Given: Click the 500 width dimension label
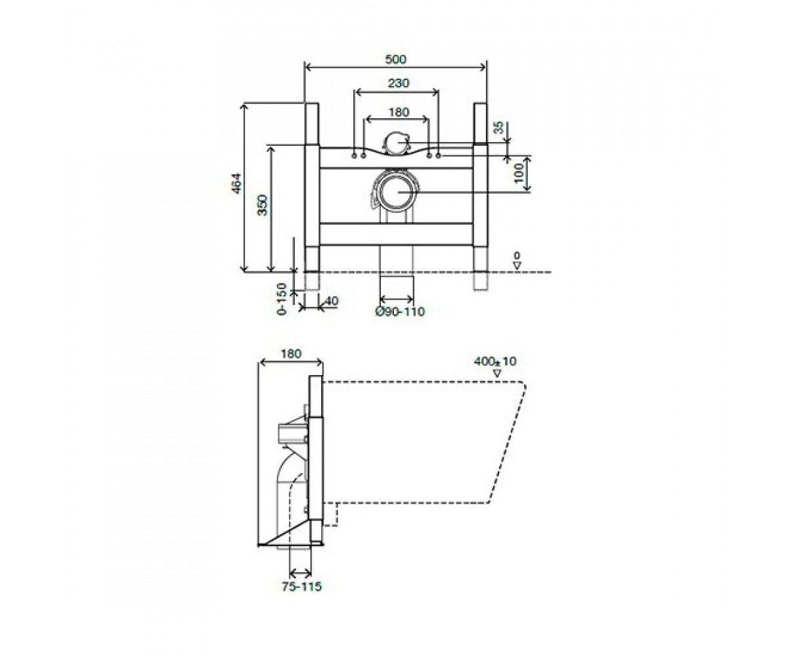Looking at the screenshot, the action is coord(395,59).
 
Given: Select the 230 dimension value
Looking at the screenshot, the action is coord(399,83).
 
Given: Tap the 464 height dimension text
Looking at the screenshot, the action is coord(236,183).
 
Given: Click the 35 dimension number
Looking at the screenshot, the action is coord(499,127).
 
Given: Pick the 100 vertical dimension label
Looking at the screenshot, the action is coord(519,173).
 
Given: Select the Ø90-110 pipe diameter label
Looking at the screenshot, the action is coord(400,311).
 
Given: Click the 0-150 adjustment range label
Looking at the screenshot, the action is coord(282,299).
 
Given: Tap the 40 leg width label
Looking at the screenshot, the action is coord(332,301).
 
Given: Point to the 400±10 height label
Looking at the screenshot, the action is coord(494,361).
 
